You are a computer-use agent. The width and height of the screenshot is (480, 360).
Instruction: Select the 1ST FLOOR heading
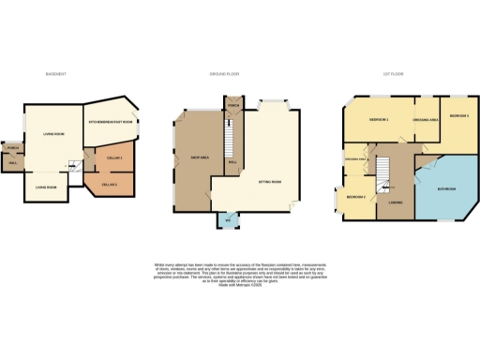point(393,74)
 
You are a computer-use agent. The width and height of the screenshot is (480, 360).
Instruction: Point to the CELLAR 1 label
point(115,157)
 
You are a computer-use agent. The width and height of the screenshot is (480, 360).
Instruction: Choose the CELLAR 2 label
point(109,185)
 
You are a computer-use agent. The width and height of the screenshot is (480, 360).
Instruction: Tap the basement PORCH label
point(14,148)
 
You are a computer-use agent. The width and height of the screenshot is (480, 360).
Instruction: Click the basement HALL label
point(13,163)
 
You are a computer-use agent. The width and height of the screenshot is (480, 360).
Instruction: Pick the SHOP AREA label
point(198,157)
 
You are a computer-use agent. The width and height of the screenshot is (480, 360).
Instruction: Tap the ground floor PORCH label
point(232,106)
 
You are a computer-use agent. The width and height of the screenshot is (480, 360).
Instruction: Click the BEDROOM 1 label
point(379,121)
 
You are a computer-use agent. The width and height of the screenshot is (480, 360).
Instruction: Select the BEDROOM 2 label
point(355,197)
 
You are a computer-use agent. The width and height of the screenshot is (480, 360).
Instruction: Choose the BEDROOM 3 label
point(457,115)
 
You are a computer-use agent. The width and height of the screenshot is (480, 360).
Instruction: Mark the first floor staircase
point(383,169)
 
